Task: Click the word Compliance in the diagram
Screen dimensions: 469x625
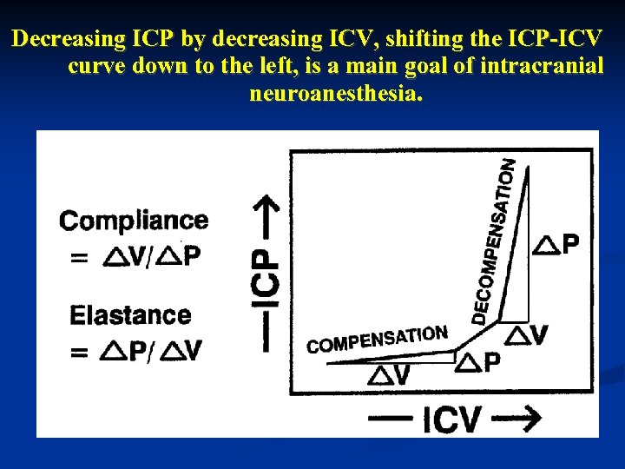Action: (x=134, y=221)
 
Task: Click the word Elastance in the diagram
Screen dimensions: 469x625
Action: (x=130, y=314)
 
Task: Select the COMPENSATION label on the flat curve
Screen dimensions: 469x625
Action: (x=378, y=339)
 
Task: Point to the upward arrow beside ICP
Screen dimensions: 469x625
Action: (x=270, y=217)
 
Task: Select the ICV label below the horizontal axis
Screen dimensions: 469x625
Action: (x=451, y=419)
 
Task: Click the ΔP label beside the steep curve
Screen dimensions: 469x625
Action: (x=556, y=244)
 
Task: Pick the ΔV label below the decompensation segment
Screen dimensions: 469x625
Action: (x=527, y=335)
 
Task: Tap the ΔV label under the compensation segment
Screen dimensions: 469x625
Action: (x=390, y=375)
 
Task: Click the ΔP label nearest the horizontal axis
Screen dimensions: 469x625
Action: (x=478, y=362)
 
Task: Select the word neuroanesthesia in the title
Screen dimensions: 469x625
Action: (x=337, y=94)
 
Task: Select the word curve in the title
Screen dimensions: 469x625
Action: (x=94, y=67)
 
